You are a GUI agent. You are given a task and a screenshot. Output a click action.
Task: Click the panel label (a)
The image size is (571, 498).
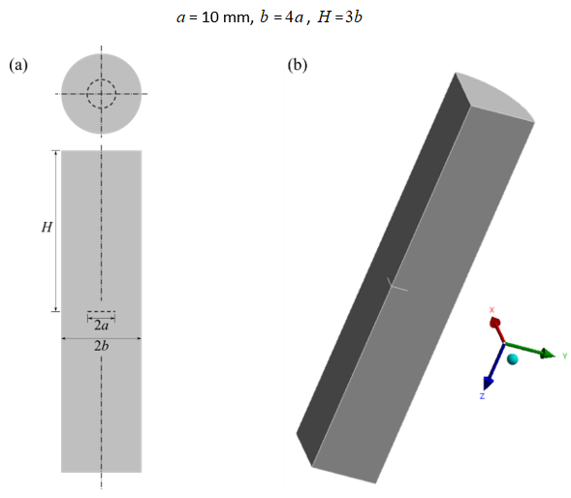[18, 66]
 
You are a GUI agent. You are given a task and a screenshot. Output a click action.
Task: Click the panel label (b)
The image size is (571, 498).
[297, 66]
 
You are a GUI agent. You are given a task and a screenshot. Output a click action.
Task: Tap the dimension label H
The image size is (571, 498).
[47, 228]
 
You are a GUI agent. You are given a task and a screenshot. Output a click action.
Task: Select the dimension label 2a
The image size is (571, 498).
[101, 326]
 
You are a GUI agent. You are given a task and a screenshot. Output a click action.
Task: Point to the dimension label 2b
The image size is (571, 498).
[101, 346]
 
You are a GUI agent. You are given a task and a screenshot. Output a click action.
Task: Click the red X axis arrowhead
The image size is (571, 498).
[493, 322]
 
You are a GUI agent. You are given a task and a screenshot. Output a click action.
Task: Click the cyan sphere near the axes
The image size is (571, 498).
[512, 359]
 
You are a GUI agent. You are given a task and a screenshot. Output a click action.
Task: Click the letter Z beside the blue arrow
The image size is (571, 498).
[481, 396]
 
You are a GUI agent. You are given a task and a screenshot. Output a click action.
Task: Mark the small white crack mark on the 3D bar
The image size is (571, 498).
[396, 286]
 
